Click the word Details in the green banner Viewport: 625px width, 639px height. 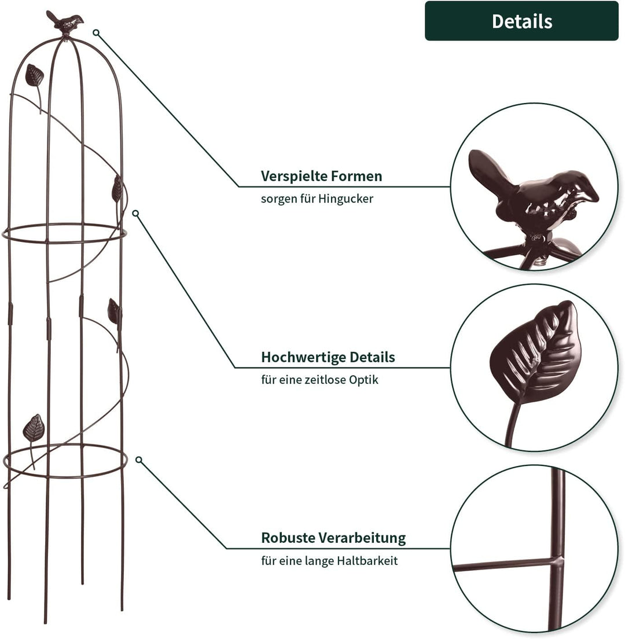(x=521, y=21)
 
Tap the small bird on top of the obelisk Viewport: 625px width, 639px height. (x=65, y=23)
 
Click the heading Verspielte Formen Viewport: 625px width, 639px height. (x=321, y=176)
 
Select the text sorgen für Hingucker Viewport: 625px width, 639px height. (x=317, y=199)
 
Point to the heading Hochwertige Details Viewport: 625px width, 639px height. (x=328, y=357)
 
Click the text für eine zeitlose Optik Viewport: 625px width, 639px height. (x=320, y=380)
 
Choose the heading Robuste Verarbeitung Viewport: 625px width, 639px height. (x=333, y=538)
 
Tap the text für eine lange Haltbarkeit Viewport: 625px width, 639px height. (x=329, y=561)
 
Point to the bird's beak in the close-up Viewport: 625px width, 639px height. (x=591, y=196)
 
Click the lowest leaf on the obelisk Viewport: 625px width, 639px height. (x=34, y=428)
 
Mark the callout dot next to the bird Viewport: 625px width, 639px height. (x=96, y=32)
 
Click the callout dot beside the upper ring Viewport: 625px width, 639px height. (x=135, y=213)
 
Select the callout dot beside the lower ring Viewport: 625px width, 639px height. (x=139, y=460)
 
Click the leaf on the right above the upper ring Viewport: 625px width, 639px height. (x=117, y=188)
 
